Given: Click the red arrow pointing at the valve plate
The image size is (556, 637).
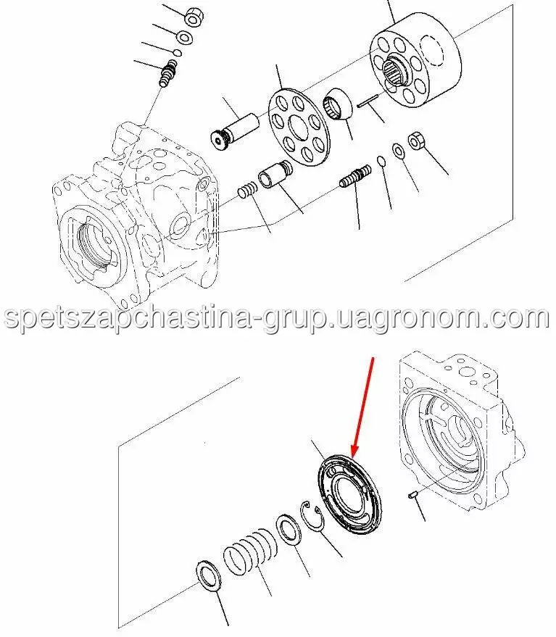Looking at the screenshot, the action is click(363, 407).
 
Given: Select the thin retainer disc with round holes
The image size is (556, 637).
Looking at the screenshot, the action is click(299, 127).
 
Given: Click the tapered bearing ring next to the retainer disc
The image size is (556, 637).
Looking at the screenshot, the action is click(338, 104).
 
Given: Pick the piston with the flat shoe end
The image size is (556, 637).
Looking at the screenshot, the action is click(235, 132).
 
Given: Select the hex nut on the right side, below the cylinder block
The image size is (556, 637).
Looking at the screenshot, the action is click(417, 141).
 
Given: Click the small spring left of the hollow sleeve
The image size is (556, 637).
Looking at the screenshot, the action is click(247, 190).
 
